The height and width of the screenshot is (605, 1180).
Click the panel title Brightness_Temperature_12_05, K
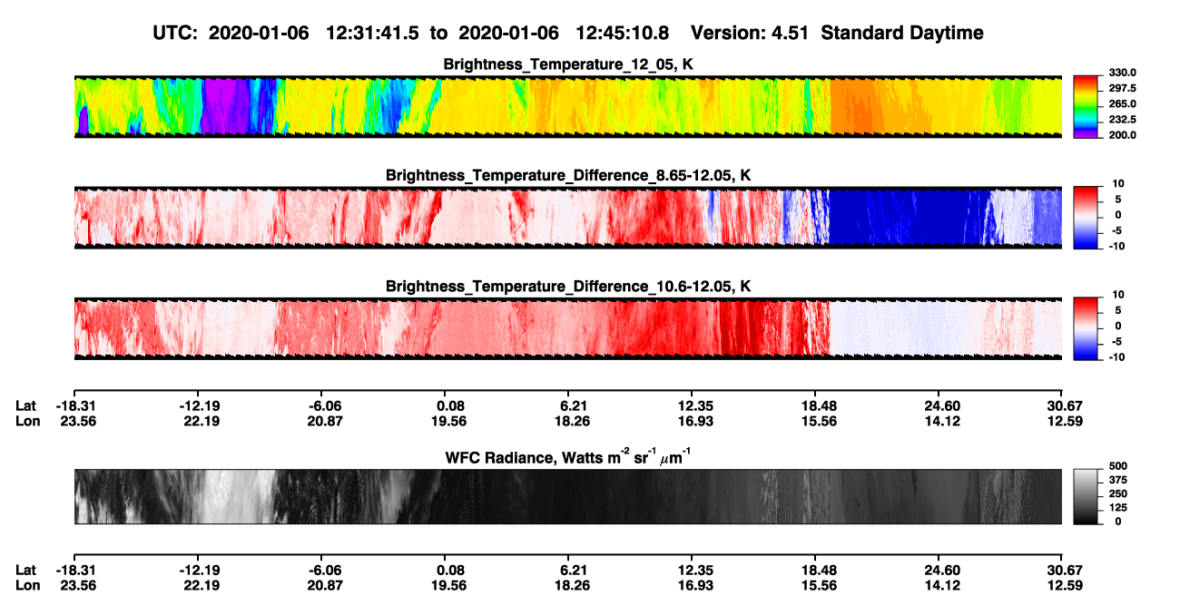[x=568, y=64]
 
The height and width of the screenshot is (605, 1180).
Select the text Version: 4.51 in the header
[x=749, y=33]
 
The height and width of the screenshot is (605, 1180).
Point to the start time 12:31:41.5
[x=372, y=33]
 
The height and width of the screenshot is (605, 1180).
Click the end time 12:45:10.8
[x=622, y=33]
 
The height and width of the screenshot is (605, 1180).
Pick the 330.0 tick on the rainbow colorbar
[x=1122, y=73]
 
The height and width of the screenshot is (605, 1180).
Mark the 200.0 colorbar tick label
[x=1122, y=135]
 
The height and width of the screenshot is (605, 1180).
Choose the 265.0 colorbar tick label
[x=1122, y=103]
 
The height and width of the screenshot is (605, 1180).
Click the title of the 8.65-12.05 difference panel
[x=568, y=176]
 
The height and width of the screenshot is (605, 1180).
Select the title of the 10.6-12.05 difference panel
[x=568, y=287]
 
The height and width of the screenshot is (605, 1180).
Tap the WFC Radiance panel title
[x=568, y=457]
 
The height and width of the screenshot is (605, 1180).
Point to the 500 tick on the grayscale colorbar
[x=1118, y=466]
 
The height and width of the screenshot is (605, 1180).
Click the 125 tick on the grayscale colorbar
[x=1118, y=508]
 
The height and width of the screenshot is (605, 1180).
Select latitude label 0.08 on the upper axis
[x=451, y=406]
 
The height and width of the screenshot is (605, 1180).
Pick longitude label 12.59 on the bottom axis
[x=1065, y=586]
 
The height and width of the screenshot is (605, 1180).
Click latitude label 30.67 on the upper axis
[x=1065, y=406]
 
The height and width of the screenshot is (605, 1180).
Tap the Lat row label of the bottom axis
[x=25, y=571]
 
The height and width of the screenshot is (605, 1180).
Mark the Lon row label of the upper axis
[x=28, y=421]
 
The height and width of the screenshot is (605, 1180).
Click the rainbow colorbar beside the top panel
[x=1086, y=107]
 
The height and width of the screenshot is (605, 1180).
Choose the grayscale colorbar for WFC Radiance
[x=1086, y=496]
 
